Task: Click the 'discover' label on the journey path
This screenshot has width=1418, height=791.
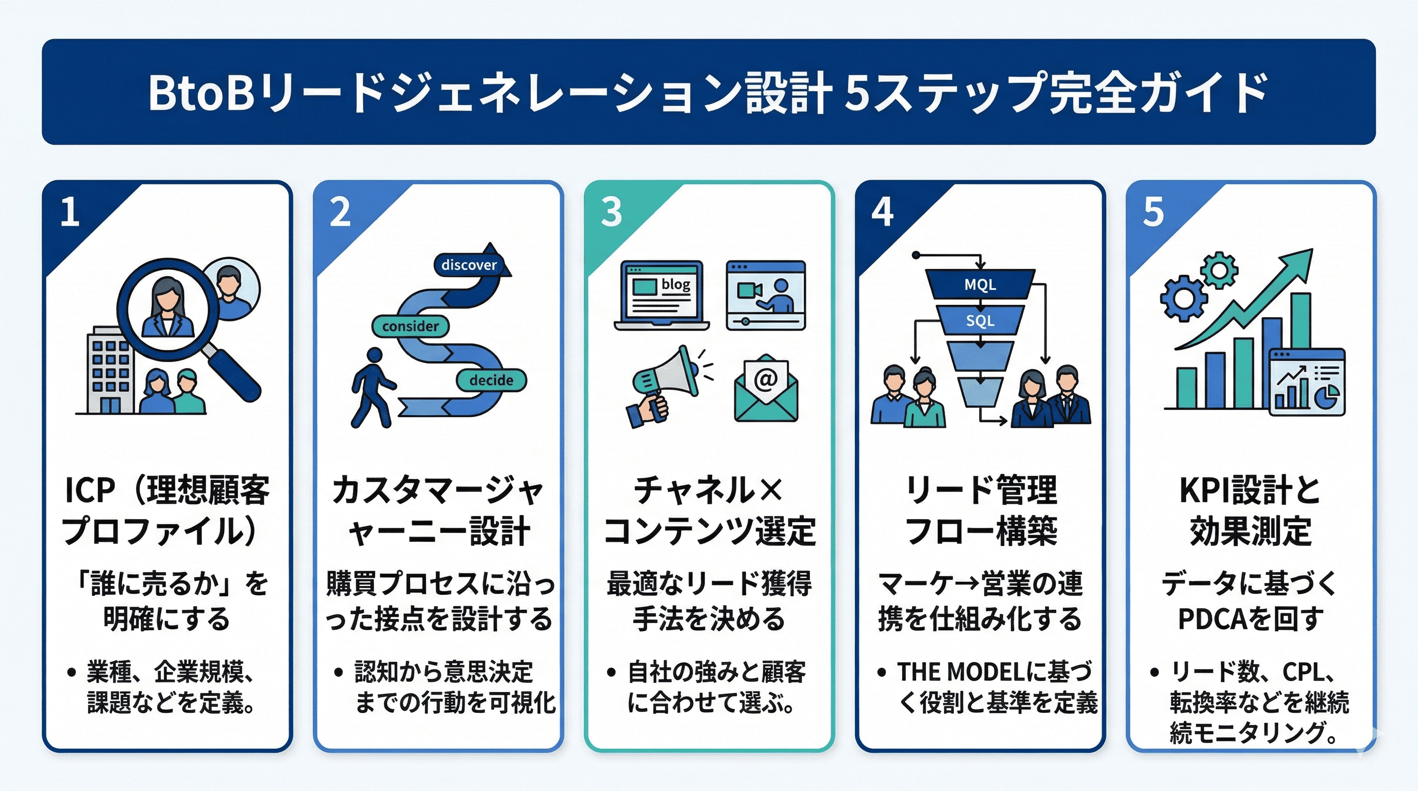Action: point(468,265)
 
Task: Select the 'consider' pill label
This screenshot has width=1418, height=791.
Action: point(410,326)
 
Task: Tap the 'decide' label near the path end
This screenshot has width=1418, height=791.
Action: point(491,380)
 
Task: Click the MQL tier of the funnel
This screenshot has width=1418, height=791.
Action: point(980,284)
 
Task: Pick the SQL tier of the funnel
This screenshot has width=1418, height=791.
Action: point(980,321)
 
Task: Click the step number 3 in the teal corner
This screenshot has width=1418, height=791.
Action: point(611,212)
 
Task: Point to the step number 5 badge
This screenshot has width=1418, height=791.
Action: point(1153,212)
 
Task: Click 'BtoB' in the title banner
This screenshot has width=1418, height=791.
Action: point(201,92)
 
